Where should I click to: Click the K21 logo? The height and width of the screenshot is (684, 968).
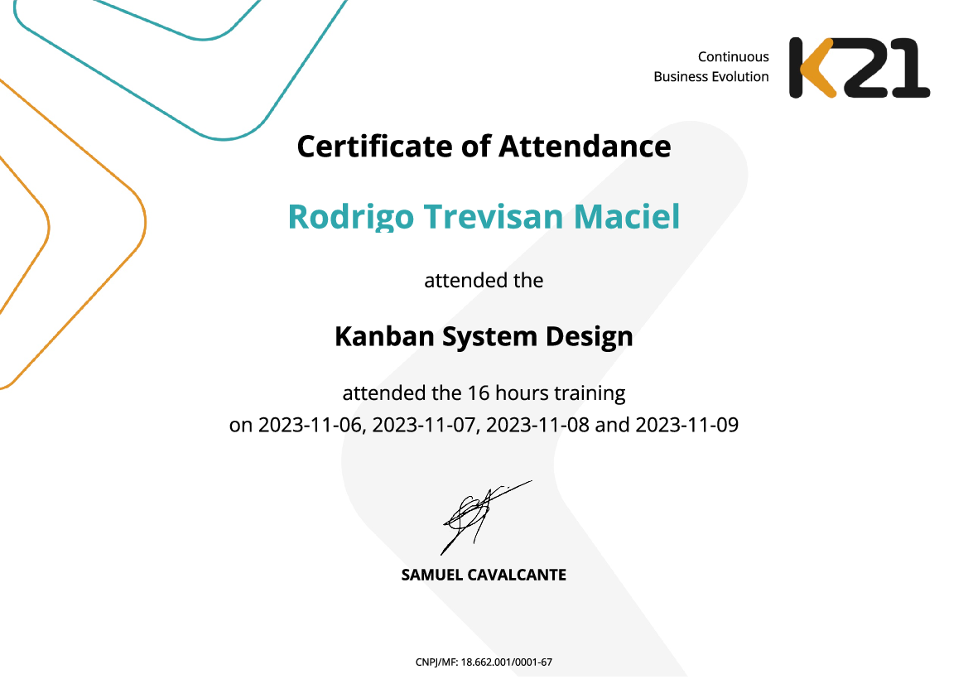pyautogui.click(x=859, y=68)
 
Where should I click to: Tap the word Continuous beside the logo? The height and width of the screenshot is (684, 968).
pyautogui.click(x=733, y=57)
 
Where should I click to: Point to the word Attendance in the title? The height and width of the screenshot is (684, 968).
pyautogui.click(x=585, y=147)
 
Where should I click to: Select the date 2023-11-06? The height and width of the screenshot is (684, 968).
pyautogui.click(x=311, y=426)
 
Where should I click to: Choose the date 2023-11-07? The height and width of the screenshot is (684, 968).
pyautogui.click(x=424, y=426)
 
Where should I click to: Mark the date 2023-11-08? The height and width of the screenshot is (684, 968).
pyautogui.click(x=537, y=426)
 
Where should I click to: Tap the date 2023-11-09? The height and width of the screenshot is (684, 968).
pyautogui.click(x=686, y=426)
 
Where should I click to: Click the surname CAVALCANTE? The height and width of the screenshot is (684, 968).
pyautogui.click(x=518, y=575)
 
